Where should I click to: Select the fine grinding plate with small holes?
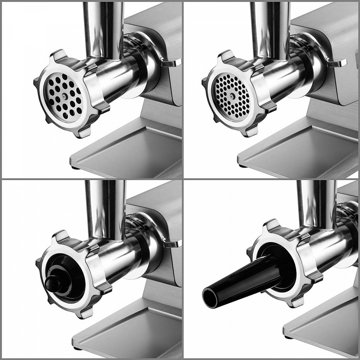(231, 96)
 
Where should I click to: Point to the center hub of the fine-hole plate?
(232, 96)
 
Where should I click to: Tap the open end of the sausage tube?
(210, 298)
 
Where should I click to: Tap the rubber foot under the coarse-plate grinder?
(76, 167)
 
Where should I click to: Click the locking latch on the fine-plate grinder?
(337, 63)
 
